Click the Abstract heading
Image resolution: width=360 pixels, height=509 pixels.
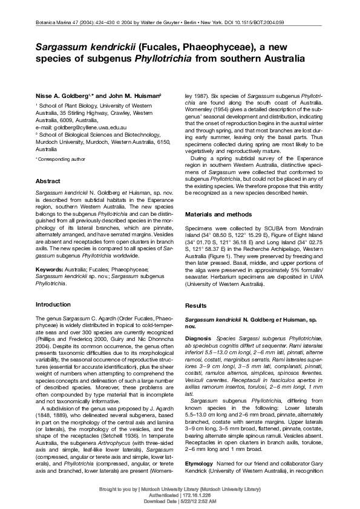coord(48,181)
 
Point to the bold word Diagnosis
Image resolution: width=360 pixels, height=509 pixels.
coord(198,337)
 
